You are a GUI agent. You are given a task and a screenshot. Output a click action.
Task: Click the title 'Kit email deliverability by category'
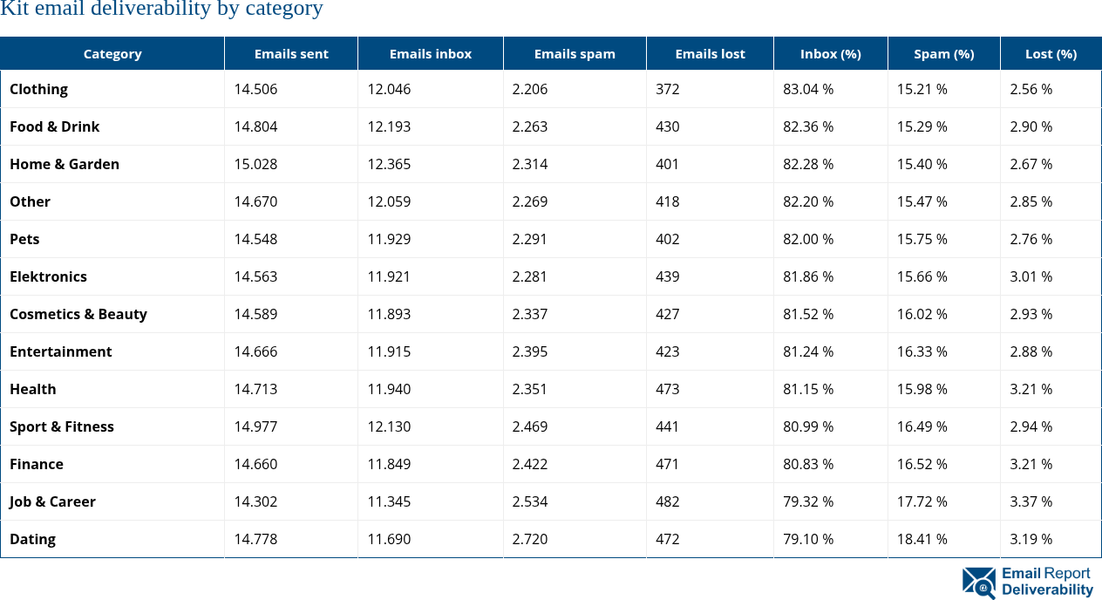tap(161, 10)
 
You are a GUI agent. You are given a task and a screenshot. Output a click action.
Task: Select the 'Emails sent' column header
tap(291, 54)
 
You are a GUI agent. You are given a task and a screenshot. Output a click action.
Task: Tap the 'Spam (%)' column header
tap(943, 54)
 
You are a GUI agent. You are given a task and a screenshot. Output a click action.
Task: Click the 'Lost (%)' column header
tap(1051, 54)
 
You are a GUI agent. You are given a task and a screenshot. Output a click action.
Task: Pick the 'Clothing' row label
tap(38, 89)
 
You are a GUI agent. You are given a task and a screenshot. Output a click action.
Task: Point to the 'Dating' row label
tap(32, 539)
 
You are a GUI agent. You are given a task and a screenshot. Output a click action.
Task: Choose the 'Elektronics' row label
tap(48, 276)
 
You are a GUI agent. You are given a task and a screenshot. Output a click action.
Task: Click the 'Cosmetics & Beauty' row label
tap(78, 314)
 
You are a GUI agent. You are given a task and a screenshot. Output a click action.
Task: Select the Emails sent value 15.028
tap(255, 164)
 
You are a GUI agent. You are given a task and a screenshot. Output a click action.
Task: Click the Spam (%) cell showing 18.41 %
tap(922, 539)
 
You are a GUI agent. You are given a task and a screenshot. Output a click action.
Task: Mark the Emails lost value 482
tap(668, 501)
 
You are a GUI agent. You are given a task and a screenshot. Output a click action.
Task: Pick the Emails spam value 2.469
tap(530, 426)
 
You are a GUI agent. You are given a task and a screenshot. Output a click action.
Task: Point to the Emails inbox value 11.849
tap(389, 464)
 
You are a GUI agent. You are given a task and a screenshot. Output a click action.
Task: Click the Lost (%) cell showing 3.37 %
tap(1031, 501)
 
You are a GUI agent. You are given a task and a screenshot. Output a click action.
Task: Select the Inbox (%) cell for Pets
tap(808, 239)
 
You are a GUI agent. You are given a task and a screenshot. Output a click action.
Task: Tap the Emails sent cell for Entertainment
tap(255, 351)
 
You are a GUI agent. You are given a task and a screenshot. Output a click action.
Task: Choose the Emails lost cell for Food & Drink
tap(668, 126)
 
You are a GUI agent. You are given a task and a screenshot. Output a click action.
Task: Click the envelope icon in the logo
tap(979, 583)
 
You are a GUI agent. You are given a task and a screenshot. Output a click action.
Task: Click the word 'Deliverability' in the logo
tap(1047, 590)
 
